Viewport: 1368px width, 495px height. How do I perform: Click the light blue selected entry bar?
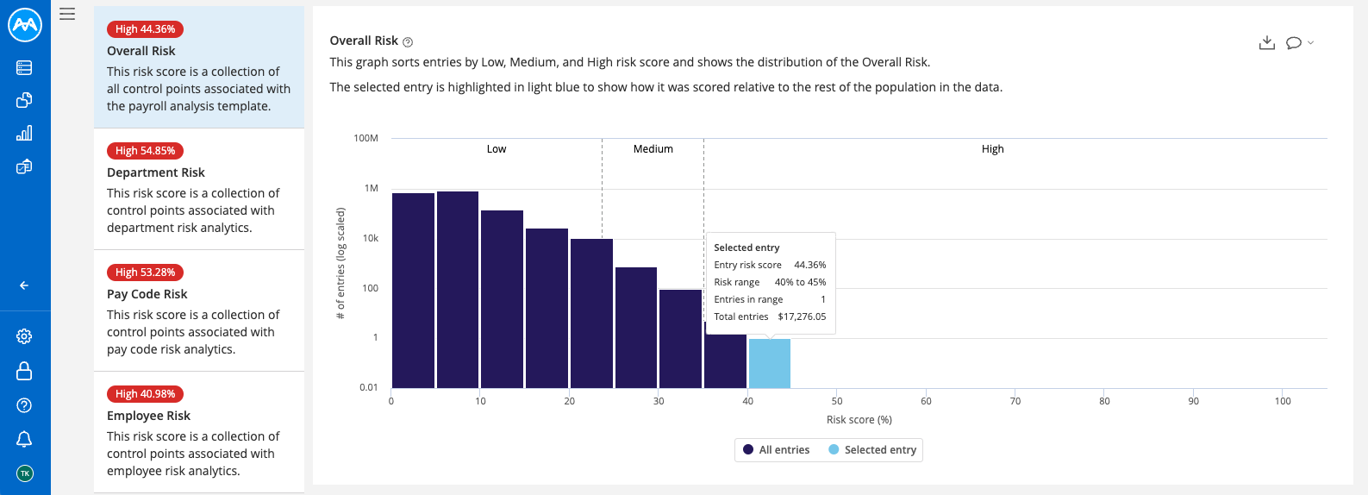tap(769, 363)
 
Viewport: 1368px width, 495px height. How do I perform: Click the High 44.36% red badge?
tap(145, 29)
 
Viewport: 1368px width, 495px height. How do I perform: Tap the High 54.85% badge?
tap(145, 151)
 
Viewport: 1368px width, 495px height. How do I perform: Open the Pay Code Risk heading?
tap(147, 294)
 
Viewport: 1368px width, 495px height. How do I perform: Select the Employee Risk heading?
tap(148, 416)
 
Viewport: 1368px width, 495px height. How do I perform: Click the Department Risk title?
tap(155, 172)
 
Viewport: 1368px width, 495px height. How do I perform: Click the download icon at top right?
tap(1266, 43)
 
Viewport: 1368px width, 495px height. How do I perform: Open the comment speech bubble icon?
tap(1293, 43)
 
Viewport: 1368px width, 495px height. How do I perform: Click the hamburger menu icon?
tap(67, 14)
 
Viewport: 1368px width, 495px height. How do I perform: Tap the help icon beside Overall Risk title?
tap(408, 42)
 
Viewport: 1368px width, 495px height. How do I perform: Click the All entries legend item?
tap(776, 450)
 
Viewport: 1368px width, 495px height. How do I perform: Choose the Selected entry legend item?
tap(872, 450)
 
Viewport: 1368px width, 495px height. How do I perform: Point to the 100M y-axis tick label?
tap(365, 138)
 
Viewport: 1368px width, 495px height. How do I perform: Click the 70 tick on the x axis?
tap(1015, 401)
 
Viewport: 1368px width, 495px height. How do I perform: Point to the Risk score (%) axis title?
tap(859, 420)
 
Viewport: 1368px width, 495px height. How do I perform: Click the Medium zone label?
tap(653, 149)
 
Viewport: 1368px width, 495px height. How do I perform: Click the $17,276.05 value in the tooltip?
tap(801, 316)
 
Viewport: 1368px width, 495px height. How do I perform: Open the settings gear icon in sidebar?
tap(24, 336)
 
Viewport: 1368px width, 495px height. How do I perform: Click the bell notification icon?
tap(24, 439)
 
